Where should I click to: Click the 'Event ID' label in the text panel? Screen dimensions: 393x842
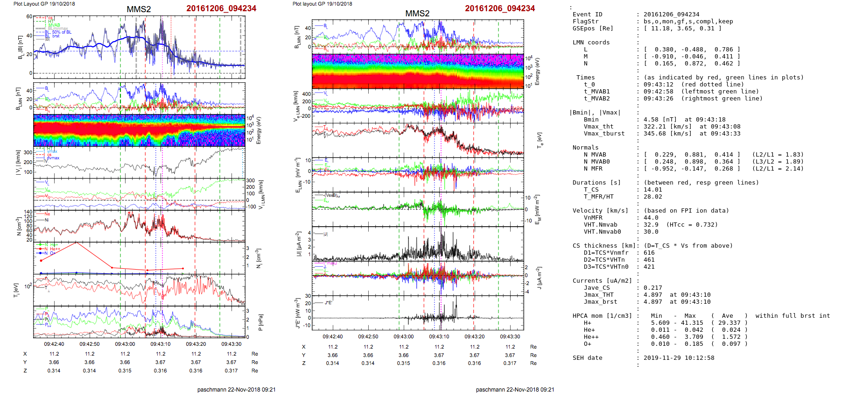(587, 14)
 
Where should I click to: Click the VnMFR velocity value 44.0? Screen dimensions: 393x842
(651, 218)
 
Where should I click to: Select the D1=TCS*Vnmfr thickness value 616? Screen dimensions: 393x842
(649, 253)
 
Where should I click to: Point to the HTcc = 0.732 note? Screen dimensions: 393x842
(692, 225)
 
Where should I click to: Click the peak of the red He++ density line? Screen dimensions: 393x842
(76, 243)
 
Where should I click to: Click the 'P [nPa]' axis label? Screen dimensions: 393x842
(260, 322)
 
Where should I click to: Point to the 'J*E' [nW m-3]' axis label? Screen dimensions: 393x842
(297, 313)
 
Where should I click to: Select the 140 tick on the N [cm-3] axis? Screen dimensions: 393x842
(28, 212)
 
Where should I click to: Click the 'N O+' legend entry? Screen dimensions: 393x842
(50, 253)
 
